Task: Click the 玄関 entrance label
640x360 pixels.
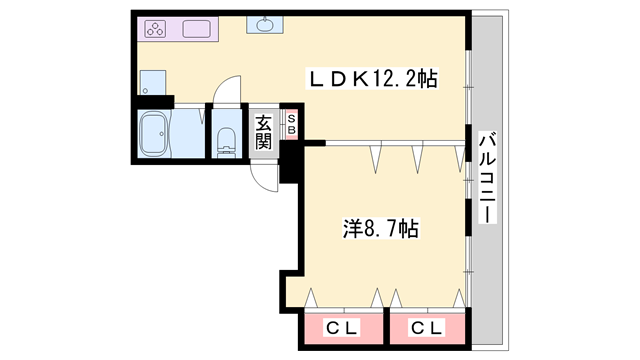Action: pos(263,132)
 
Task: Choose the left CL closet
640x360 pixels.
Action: pos(342,327)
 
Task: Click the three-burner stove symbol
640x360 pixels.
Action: pos(158,29)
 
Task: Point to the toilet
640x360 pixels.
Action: pos(225,140)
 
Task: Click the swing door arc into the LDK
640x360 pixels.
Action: pos(228,90)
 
